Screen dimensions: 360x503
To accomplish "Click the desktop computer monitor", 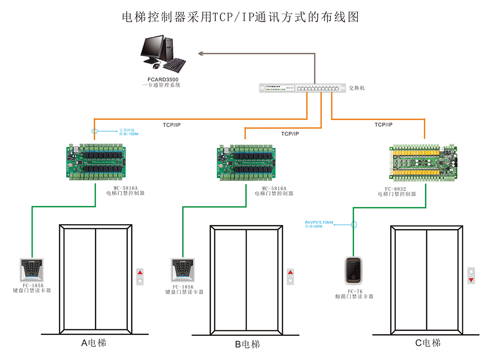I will point(154,49).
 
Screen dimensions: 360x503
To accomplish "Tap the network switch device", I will point(302,88).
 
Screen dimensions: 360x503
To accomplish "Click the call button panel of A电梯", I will point(140,278).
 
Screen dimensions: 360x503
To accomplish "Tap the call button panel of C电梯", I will point(471,276).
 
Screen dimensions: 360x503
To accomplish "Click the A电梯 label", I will point(94,343).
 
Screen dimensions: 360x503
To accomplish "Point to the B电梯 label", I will point(247,344).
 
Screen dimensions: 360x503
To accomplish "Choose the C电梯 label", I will point(428,343).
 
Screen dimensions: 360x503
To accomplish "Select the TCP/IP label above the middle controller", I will point(290,134).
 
